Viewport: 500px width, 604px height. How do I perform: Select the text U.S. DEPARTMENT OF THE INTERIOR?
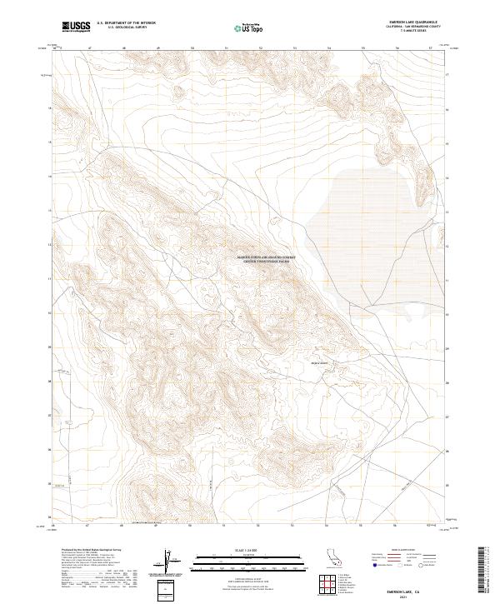126,24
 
